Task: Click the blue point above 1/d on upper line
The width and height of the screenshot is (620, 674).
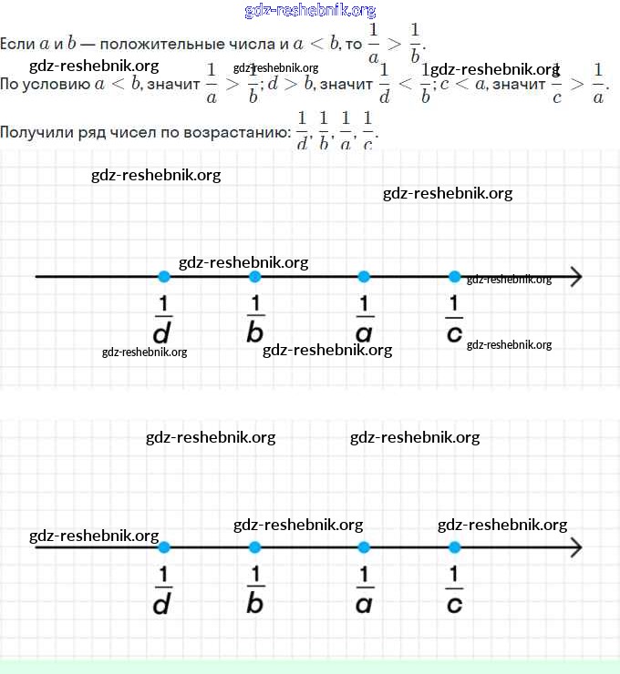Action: click(163, 277)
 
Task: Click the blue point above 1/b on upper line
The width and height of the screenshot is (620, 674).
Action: click(254, 277)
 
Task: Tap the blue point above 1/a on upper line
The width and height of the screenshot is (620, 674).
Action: click(364, 277)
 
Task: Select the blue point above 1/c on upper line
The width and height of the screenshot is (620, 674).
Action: click(455, 277)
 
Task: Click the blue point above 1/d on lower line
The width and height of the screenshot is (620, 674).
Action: click(163, 547)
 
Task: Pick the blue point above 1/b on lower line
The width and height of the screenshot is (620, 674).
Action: click(254, 547)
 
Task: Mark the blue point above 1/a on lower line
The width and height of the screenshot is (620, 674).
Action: click(364, 547)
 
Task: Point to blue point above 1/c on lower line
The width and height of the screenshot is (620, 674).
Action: click(455, 547)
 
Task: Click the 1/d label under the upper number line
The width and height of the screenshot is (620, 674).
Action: click(163, 320)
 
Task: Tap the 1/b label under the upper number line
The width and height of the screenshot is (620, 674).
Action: click(254, 320)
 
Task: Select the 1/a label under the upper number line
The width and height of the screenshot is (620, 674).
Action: click(364, 320)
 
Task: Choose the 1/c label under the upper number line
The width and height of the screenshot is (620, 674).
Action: click(454, 320)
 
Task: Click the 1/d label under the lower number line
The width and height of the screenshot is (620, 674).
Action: click(163, 590)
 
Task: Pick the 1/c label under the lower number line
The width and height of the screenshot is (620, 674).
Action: click(454, 590)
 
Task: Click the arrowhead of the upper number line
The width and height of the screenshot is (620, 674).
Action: click(576, 277)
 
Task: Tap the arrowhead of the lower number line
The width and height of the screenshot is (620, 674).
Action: click(576, 547)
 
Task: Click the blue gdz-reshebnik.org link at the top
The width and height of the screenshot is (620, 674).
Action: click(310, 11)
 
